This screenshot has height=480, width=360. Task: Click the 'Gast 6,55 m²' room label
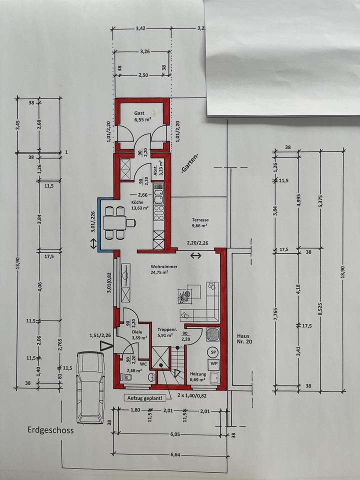point(141,116)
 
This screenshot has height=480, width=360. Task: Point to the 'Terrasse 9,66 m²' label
point(199,222)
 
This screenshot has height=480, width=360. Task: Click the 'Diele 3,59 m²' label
point(138,334)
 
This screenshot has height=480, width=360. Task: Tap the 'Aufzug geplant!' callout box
point(148,398)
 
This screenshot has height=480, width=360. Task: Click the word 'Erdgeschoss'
point(50,430)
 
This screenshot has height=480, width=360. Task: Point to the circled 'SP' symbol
point(213,352)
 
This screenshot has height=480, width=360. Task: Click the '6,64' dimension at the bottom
point(174,454)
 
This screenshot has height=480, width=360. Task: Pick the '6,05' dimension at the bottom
point(174,434)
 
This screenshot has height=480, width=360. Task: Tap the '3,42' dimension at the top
point(140,28)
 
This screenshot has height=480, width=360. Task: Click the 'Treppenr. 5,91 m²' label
point(165,332)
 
